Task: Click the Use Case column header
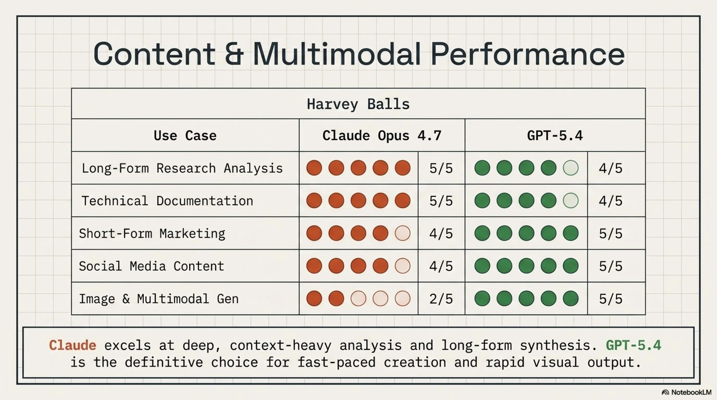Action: coord(185,135)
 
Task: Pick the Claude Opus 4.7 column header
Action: coord(382,135)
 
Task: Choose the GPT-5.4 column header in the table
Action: coord(555,135)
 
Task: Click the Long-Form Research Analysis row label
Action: coord(182,168)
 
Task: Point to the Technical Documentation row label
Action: coord(167,201)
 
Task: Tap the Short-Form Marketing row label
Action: coord(152,233)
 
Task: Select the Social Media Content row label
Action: coord(151,266)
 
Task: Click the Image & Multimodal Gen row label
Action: coord(159,299)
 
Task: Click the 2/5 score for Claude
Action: coord(441,299)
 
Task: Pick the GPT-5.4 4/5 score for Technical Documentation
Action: coord(610,201)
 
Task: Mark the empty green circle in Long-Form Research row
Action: coord(571,168)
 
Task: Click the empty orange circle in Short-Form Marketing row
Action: coord(403,233)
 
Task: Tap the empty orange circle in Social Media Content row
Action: coord(403,266)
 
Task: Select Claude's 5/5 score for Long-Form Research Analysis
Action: coord(441,168)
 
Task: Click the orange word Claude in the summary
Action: coord(73,345)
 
